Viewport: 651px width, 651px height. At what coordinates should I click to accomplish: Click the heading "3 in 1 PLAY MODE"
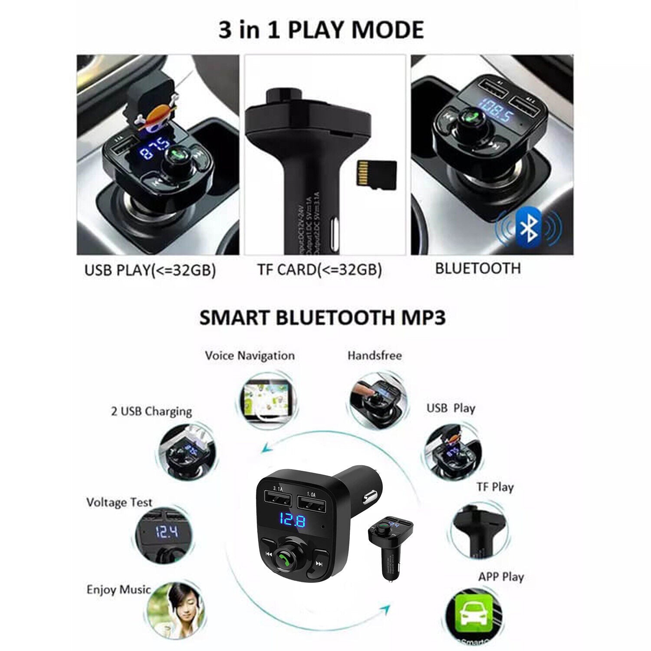[321, 30]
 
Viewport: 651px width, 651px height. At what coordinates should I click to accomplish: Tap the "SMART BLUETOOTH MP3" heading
[322, 318]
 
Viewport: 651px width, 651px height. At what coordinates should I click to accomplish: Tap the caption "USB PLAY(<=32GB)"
[150, 270]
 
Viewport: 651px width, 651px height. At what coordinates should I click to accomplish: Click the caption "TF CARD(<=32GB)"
[319, 270]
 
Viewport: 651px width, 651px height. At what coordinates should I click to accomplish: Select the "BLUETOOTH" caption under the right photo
[477, 268]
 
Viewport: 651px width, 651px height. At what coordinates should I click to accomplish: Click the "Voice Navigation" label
[250, 356]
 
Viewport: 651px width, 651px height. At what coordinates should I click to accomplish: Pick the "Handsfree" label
[375, 355]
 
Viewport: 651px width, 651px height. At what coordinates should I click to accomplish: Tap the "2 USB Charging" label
[151, 411]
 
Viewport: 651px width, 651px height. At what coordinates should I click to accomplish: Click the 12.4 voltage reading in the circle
[167, 531]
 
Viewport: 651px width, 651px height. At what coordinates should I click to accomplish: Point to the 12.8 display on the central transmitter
[292, 520]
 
